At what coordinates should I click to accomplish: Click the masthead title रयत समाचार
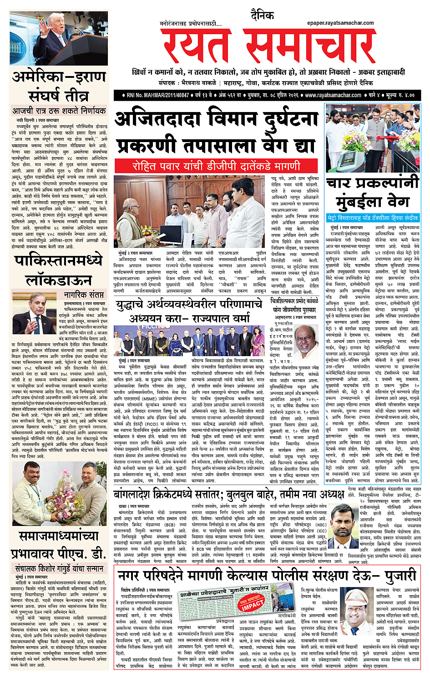click(x=268, y=45)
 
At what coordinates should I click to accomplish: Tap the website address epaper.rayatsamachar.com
click(x=340, y=23)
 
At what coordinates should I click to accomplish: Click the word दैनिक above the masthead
click(x=263, y=16)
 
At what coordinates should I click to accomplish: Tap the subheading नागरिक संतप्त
click(x=84, y=295)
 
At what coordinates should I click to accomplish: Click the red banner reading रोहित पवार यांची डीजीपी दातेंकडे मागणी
click(x=216, y=166)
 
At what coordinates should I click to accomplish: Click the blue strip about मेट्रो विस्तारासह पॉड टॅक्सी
click(x=372, y=218)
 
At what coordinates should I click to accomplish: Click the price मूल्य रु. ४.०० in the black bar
click(x=397, y=96)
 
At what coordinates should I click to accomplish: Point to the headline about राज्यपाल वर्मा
click(x=188, y=311)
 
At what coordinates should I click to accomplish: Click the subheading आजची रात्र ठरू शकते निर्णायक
click(x=59, y=111)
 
